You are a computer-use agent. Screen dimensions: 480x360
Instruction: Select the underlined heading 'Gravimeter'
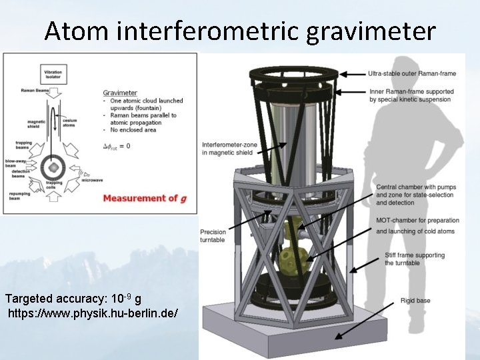(120, 93)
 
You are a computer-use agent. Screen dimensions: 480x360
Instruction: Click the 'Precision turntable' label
(213, 236)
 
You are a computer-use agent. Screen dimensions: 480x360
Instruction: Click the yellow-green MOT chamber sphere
(291, 259)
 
